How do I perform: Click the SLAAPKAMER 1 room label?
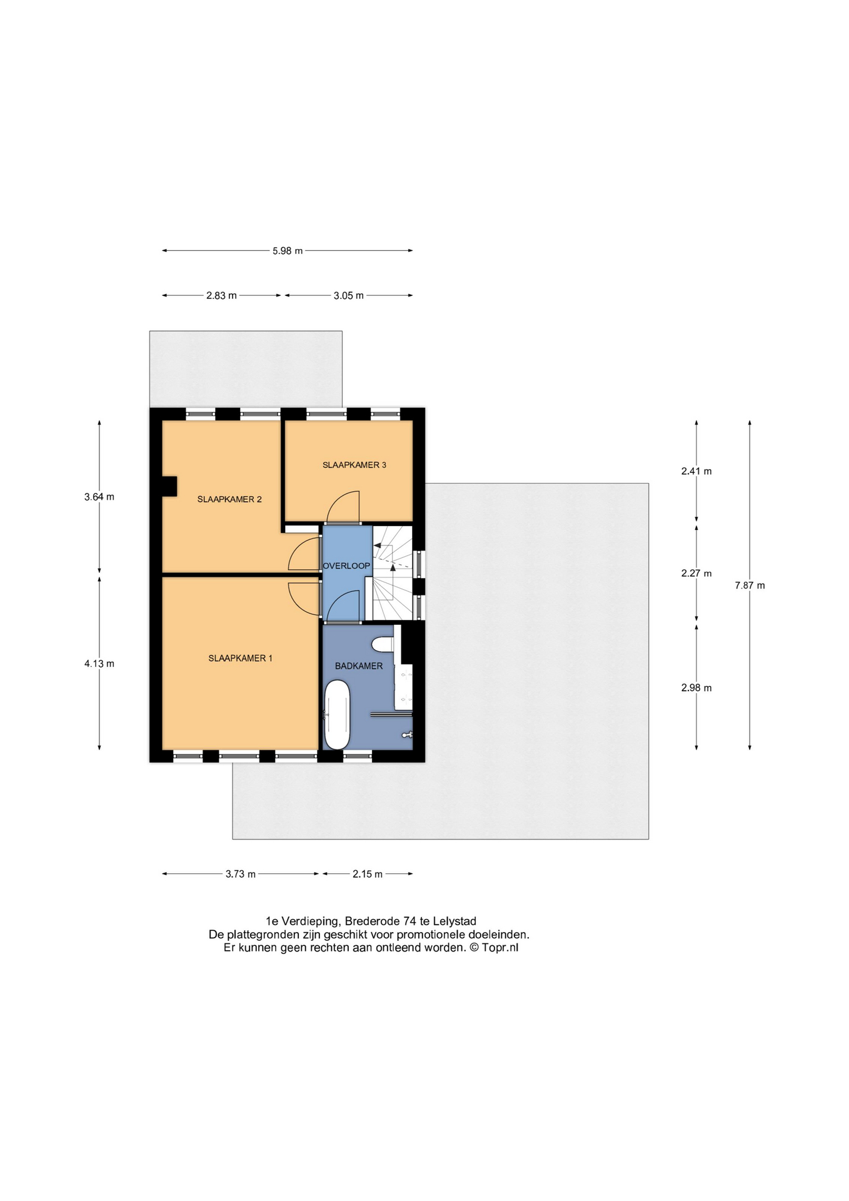[240, 658]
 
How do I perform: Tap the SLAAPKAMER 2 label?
[229, 499]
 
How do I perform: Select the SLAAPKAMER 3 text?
[354, 465]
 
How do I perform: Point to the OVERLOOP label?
[346, 565]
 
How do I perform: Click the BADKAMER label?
[359, 666]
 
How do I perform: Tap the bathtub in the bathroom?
[337, 714]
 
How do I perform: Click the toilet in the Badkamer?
[382, 644]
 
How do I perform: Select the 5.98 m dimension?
[288, 251]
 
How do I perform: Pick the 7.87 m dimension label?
[750, 585]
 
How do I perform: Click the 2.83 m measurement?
[221, 296]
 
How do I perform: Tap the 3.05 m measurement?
[348, 296]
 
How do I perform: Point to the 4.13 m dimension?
[99, 664]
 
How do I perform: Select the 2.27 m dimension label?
[696, 573]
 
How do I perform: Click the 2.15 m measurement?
[367, 874]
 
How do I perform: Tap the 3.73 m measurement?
[241, 874]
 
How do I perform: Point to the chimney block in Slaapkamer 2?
[169, 486]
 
